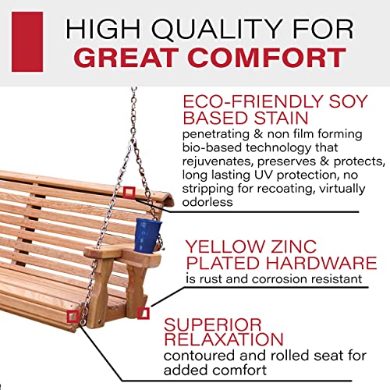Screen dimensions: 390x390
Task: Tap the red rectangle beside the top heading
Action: coord(27,41)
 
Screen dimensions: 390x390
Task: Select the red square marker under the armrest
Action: coord(143,314)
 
